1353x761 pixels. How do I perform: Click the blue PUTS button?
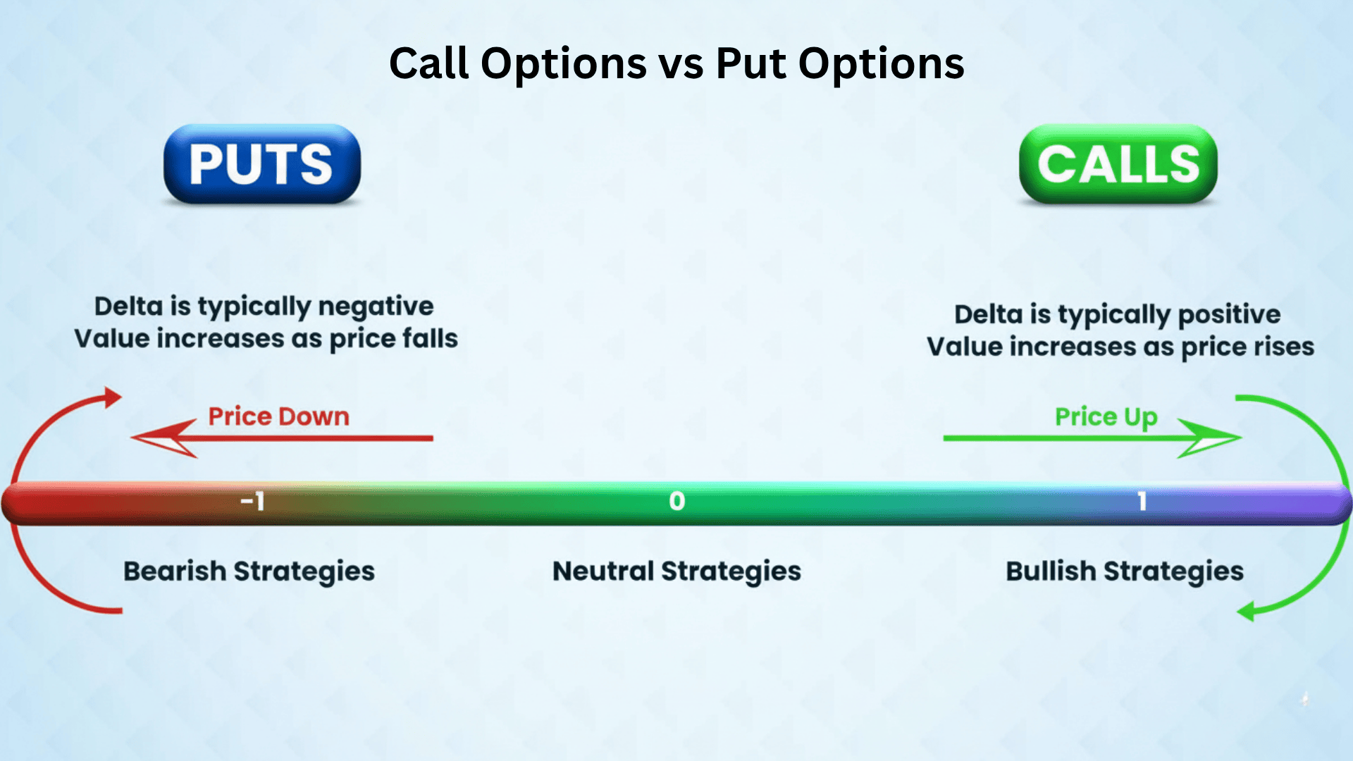[261, 164]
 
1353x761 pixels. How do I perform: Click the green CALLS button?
[1118, 164]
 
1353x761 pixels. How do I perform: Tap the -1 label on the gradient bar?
[252, 501]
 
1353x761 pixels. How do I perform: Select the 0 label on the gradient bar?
[676, 501]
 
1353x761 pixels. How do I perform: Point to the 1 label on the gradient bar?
[1142, 501]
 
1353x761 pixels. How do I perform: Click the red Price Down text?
[278, 416]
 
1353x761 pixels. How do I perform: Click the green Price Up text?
[1106, 417]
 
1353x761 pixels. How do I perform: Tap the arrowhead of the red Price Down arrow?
[159, 438]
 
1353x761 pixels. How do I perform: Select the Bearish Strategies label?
[249, 571]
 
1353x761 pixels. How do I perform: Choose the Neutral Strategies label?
[676, 571]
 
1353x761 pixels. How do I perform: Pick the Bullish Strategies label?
[1124, 571]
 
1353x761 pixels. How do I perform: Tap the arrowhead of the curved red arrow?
[113, 397]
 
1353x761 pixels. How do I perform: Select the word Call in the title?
[428, 63]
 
